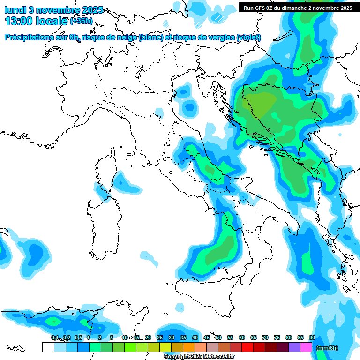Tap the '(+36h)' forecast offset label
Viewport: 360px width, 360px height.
pyautogui.click(x=81, y=21)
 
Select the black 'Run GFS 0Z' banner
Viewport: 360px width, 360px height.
pyautogui.click(x=298, y=7)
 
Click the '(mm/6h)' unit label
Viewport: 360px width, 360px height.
pyautogui.click(x=327, y=348)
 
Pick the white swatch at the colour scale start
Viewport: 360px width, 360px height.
pyautogui.click(x=48, y=347)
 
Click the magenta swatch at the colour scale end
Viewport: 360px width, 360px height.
pyautogui.click(x=306, y=347)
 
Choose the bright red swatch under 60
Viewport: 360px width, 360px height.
pyautogui.click(x=247, y=347)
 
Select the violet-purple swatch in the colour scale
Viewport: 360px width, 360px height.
pyautogui.click(x=294, y=347)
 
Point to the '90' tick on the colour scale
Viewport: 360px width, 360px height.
pyautogui.click(x=312, y=337)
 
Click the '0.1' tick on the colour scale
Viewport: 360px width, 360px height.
pyautogui.click(x=54, y=337)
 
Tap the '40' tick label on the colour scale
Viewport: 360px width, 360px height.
pyautogui.click(x=195, y=337)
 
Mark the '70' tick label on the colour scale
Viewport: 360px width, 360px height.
pyautogui.click(x=265, y=337)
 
